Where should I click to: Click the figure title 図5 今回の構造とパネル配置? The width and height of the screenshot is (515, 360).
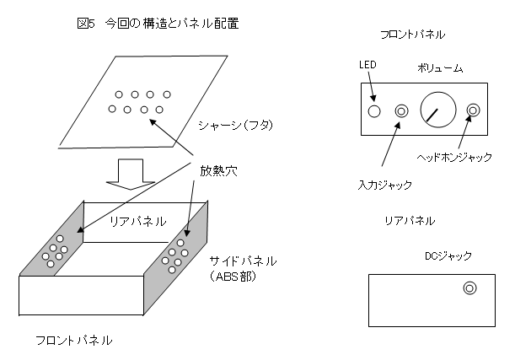158,24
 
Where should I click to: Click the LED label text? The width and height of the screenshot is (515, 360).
367,65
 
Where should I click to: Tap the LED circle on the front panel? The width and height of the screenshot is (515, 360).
374,111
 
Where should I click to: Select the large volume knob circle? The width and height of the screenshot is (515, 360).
438,110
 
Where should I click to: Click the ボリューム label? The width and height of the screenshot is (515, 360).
440,68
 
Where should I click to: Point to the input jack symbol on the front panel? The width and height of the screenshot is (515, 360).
401,111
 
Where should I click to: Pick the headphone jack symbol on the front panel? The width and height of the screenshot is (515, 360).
473,110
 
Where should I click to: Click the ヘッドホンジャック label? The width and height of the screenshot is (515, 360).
454,157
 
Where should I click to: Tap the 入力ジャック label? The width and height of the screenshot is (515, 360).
384,185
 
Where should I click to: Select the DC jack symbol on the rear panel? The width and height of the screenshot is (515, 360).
469,288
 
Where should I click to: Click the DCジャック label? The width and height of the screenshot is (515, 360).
448,255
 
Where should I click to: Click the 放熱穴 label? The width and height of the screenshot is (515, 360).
218,171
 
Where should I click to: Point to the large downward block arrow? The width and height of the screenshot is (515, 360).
131,174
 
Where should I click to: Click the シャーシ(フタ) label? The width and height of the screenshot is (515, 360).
235,125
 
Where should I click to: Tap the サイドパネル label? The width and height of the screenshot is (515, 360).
243,261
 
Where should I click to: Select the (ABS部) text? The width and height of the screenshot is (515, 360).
233,277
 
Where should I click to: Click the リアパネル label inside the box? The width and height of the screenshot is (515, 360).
137,221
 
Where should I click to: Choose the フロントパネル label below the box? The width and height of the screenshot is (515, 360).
74,341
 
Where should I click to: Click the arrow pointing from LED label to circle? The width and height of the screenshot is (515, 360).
371,86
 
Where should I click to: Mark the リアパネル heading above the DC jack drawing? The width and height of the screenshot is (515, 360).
410,220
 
